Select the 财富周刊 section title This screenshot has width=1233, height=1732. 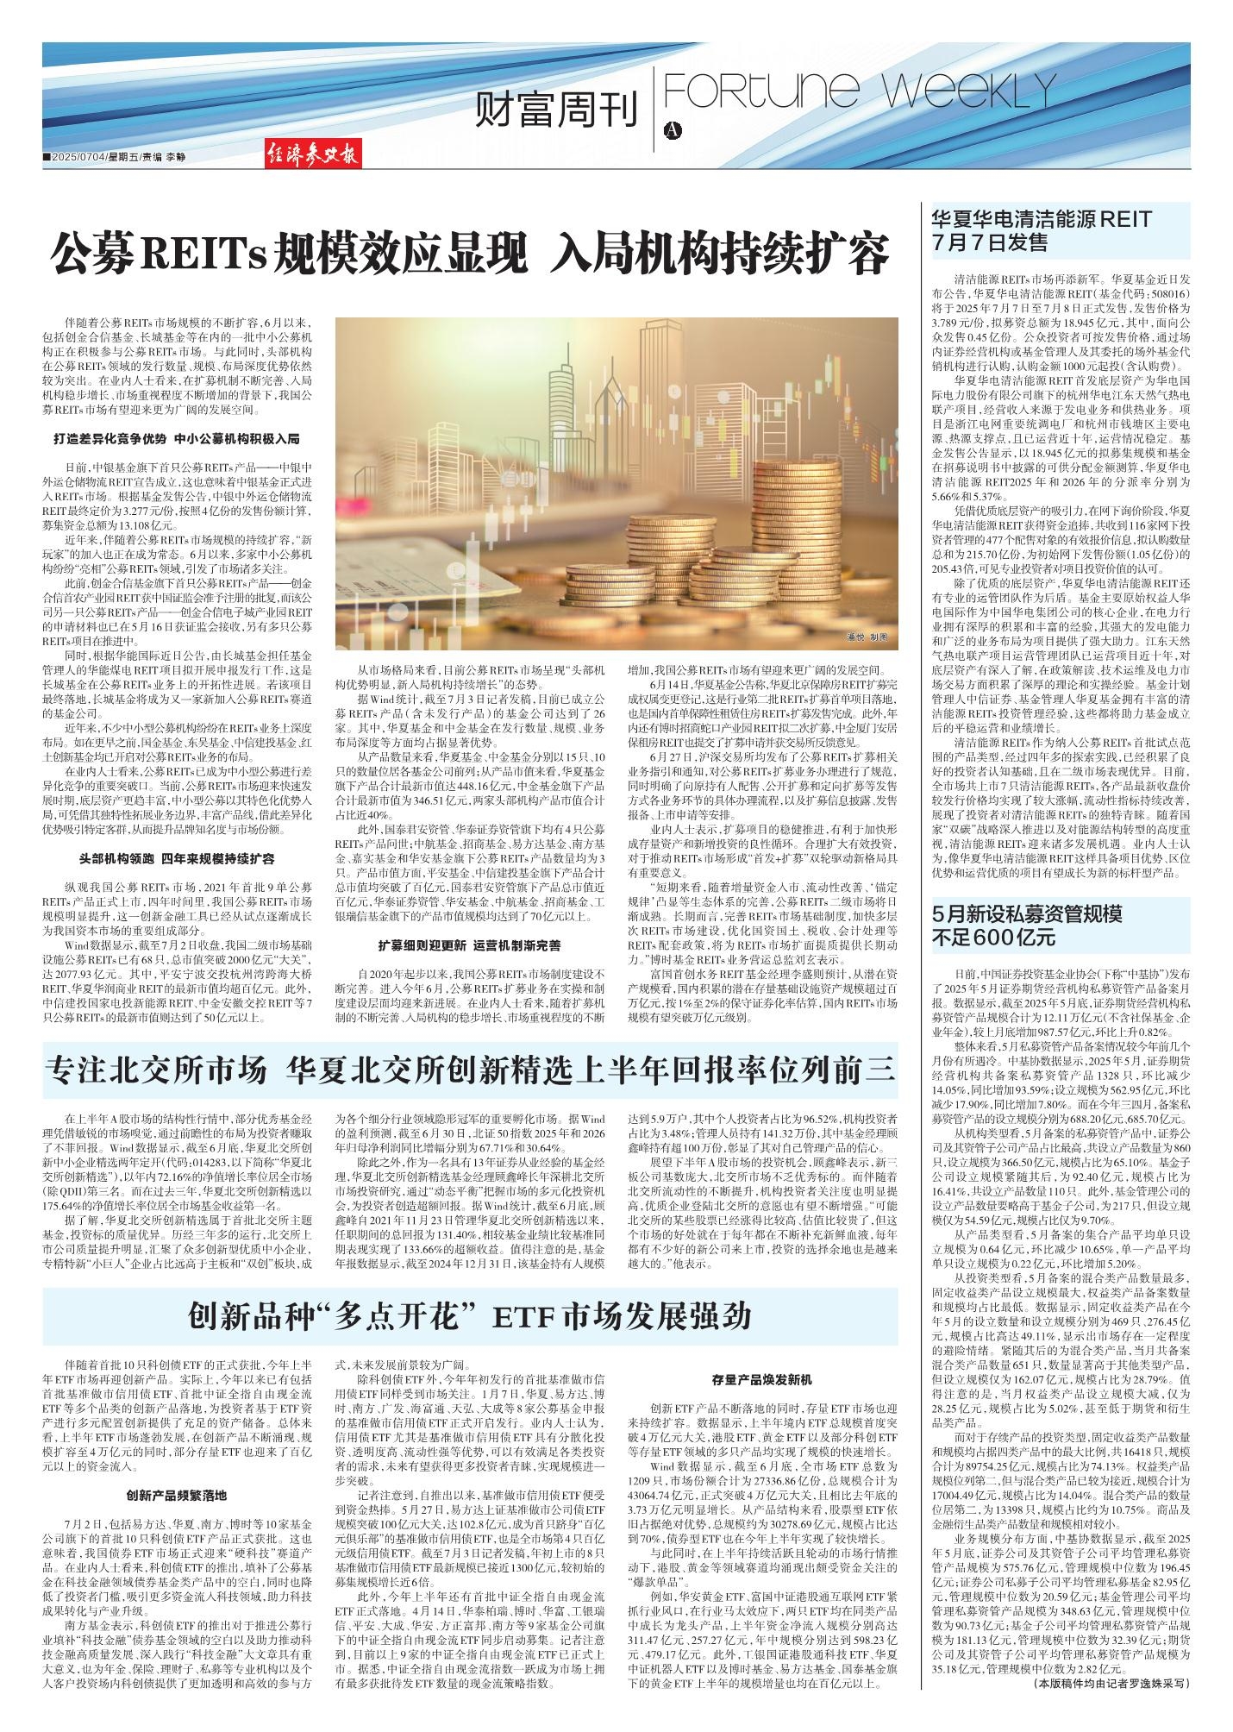click(x=558, y=111)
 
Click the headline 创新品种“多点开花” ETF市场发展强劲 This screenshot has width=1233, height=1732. click(x=470, y=1317)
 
